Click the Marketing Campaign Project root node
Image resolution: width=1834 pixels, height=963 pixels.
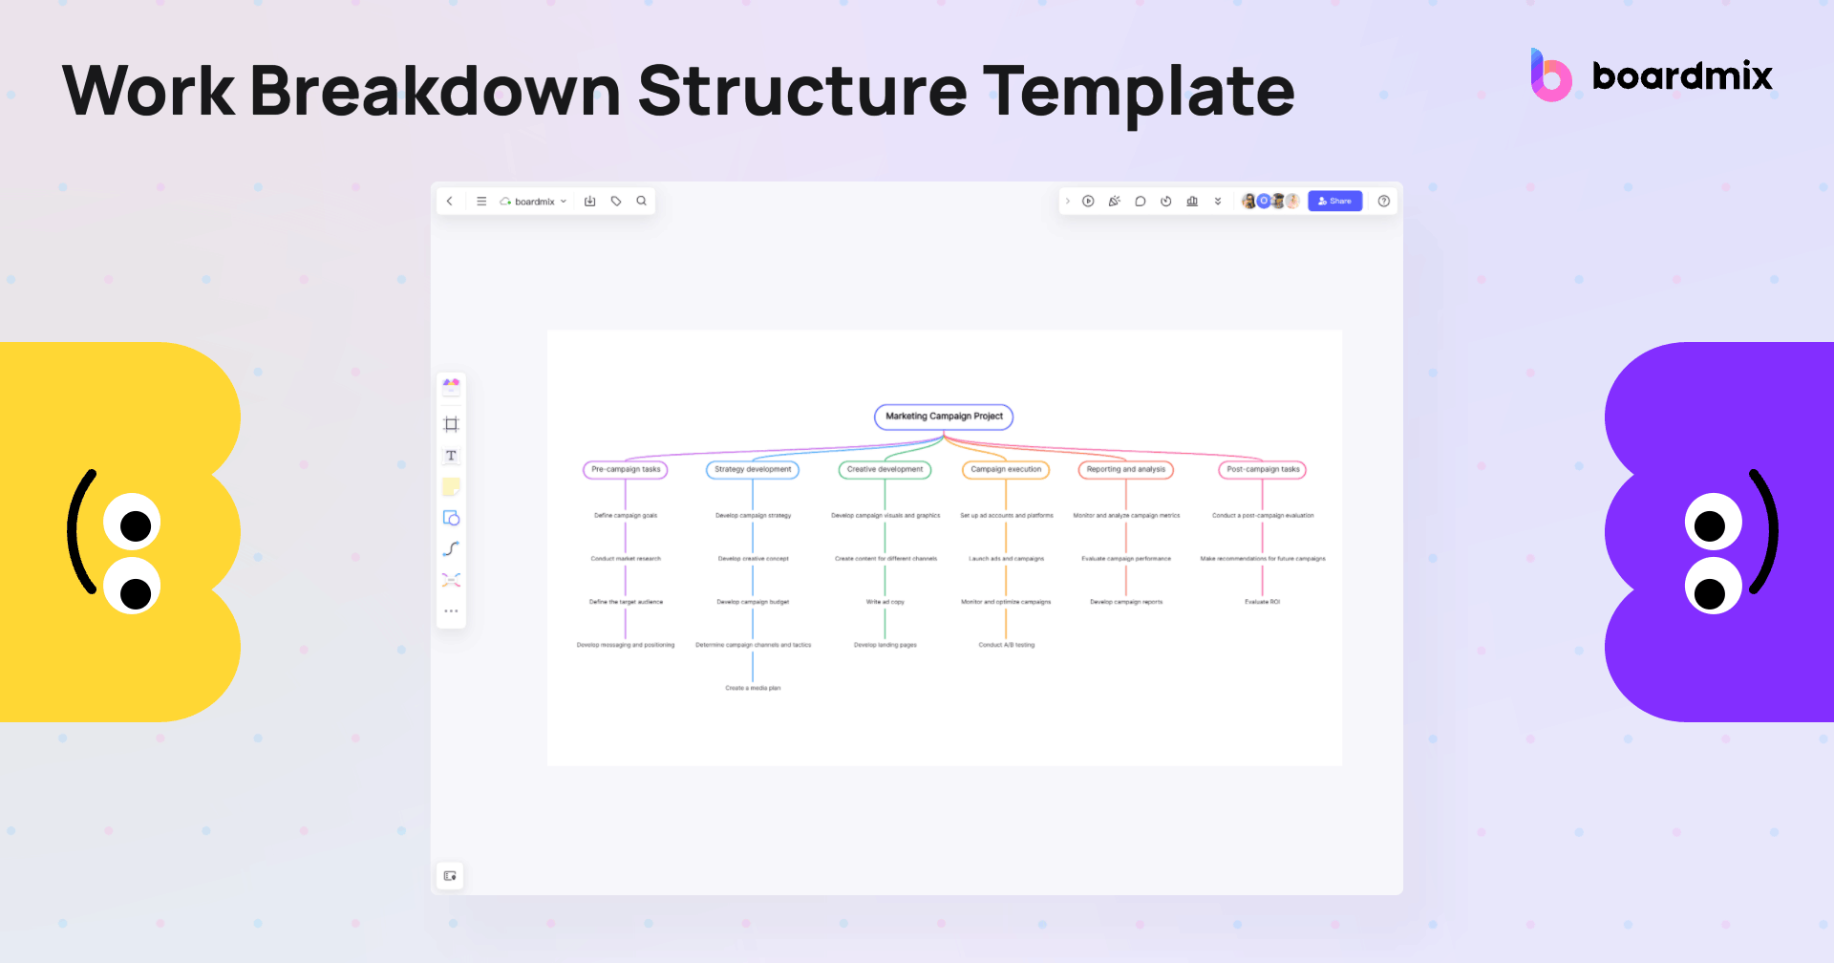click(944, 417)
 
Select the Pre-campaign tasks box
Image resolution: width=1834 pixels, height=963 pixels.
click(626, 469)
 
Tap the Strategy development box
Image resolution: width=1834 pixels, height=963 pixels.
click(753, 469)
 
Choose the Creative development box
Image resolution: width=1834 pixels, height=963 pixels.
click(885, 469)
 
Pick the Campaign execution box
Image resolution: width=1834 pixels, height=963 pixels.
click(1006, 469)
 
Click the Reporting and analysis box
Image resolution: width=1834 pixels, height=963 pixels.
click(1126, 469)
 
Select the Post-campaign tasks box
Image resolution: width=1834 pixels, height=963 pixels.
click(1263, 469)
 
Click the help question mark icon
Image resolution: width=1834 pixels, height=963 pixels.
click(1384, 201)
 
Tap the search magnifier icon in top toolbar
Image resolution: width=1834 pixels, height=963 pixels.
click(642, 201)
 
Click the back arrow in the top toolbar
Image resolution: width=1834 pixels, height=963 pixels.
click(450, 201)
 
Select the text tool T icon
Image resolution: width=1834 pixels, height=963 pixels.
click(451, 456)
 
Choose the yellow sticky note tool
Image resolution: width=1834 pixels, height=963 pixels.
click(451, 487)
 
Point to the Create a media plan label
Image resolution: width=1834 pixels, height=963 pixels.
click(753, 688)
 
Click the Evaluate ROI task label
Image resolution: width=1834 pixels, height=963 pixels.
click(1262, 602)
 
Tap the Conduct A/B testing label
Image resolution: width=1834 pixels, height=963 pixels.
click(1006, 645)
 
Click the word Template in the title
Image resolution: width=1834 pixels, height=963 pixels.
click(1138, 92)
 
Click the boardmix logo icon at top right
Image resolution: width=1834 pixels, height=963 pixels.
click(1550, 76)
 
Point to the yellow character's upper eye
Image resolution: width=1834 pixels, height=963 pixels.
click(132, 523)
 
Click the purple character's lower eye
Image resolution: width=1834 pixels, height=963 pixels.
click(1713, 587)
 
